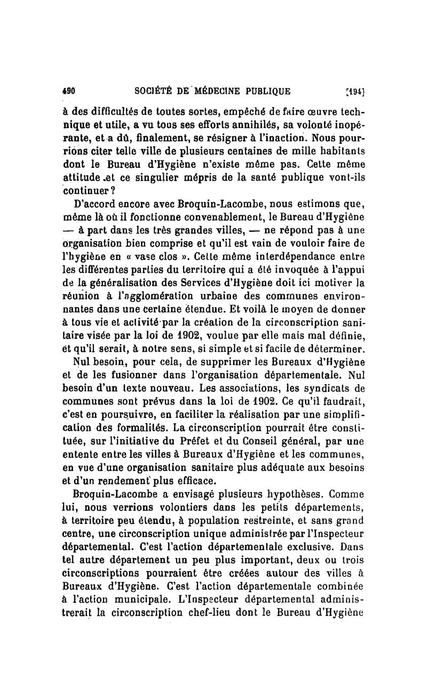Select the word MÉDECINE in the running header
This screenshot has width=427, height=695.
coord(203,91)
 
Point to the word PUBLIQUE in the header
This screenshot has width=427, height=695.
coord(263,91)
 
